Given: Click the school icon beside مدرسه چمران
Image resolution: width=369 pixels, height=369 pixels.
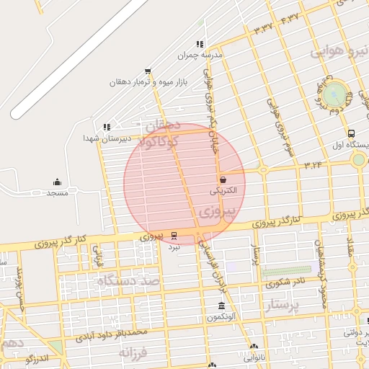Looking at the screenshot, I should [200, 44].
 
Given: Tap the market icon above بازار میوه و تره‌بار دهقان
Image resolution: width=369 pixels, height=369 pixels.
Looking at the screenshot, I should [148, 71].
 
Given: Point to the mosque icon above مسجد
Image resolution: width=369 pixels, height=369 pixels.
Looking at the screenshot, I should [58, 182].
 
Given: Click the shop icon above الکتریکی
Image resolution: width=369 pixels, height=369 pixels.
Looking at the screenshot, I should [222, 180].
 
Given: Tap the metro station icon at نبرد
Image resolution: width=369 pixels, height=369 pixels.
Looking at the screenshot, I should [174, 236].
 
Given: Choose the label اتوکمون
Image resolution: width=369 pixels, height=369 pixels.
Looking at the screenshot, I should [221, 317].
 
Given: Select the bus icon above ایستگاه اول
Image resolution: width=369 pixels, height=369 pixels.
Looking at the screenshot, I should [351, 133].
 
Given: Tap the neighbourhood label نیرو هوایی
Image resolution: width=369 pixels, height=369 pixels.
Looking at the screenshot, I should [337, 51].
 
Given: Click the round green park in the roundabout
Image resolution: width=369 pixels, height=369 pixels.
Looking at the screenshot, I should [334, 94].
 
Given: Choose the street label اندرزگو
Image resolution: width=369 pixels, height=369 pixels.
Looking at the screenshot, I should [36, 358].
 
